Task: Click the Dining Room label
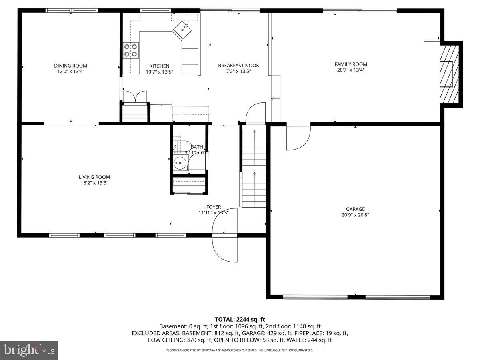pos(70,66)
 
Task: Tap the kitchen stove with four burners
pos(131,50)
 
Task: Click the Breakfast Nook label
pos(238,66)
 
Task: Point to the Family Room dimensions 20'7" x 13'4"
pos(350,70)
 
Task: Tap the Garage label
pos(355,209)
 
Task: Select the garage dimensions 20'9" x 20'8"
pos(355,215)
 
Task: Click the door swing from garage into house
pos(298,137)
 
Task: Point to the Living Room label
pos(94,177)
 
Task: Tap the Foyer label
pos(214,207)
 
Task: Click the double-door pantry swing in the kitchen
pos(135,96)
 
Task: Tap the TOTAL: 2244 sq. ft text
pos(240,319)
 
